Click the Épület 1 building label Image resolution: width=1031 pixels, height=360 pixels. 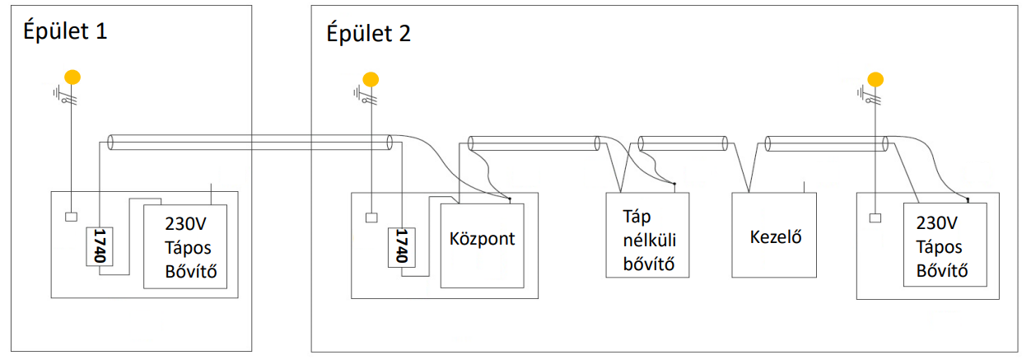click(64, 32)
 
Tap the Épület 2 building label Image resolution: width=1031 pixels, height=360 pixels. click(368, 34)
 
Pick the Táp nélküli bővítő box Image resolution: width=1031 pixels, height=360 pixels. click(647, 240)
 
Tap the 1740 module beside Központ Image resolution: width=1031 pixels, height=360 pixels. click(401, 246)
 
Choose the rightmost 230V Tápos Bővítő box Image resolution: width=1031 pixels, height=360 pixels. click(945, 245)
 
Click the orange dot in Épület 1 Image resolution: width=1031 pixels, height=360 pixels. click(72, 77)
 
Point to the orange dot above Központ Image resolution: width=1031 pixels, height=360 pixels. click(371, 79)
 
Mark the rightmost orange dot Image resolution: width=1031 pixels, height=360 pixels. click(875, 79)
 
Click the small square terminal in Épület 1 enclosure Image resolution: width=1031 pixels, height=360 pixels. click(71, 217)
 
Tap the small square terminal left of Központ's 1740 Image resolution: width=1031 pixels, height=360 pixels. click(371, 218)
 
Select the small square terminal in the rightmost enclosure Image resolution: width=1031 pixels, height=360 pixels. click(875, 218)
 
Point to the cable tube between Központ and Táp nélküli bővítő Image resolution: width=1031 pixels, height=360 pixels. click(534, 143)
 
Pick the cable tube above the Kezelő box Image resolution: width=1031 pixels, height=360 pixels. click(823, 143)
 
